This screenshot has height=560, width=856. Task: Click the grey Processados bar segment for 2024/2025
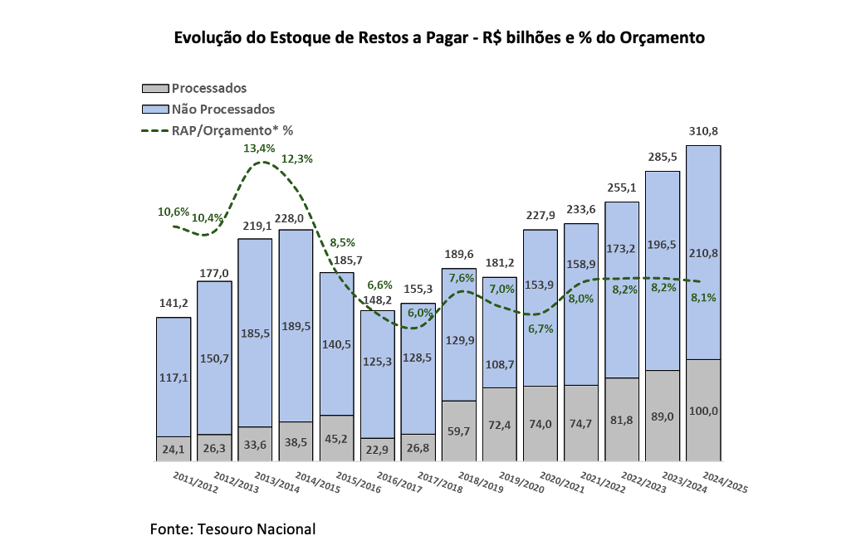pos(702,410)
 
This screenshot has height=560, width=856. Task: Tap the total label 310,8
pos(703,131)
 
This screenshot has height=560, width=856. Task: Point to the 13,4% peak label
pos(259,149)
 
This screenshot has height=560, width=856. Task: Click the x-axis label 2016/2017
pos(402,482)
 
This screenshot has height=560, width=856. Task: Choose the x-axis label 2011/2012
pos(196,482)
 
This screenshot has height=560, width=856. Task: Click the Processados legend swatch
pos(155,88)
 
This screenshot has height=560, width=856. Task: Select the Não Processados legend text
pos(223,109)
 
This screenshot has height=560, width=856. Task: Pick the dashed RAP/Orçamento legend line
pos(155,130)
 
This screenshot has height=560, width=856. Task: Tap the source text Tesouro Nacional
pos(257,529)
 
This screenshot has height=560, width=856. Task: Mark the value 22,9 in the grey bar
pos(377,449)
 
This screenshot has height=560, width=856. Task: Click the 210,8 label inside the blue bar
pos(703,254)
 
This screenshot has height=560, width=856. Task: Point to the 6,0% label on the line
pos(420,313)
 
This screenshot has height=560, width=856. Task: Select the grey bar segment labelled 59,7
pos(458,431)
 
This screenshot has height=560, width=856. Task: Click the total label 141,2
pos(173,303)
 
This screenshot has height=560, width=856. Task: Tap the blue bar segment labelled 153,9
pos(540,307)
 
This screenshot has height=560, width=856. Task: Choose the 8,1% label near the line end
pos(703,297)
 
